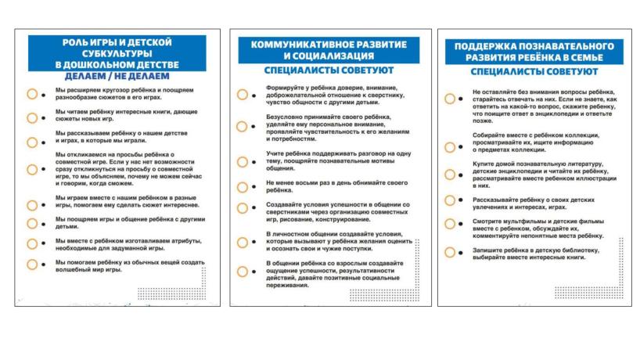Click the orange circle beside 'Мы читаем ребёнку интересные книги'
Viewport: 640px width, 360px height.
31,118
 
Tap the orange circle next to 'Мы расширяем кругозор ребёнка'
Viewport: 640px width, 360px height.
31,94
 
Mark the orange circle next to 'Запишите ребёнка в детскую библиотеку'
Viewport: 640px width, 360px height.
450,252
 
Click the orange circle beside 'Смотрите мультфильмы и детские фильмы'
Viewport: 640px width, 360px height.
450,227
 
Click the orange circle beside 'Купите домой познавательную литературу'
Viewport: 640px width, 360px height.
450,172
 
